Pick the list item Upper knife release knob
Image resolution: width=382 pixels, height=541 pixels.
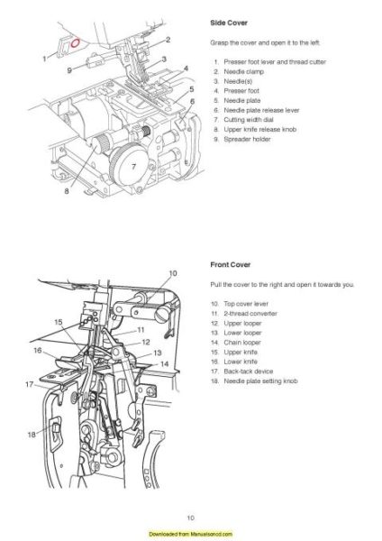261,127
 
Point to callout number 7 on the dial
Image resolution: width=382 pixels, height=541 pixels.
132,168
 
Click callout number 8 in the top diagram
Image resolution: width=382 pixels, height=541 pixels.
67,191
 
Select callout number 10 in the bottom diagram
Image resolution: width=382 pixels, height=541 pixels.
173,271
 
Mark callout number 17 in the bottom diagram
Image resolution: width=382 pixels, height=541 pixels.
28,384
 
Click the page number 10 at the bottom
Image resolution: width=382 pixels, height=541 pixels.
190,517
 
